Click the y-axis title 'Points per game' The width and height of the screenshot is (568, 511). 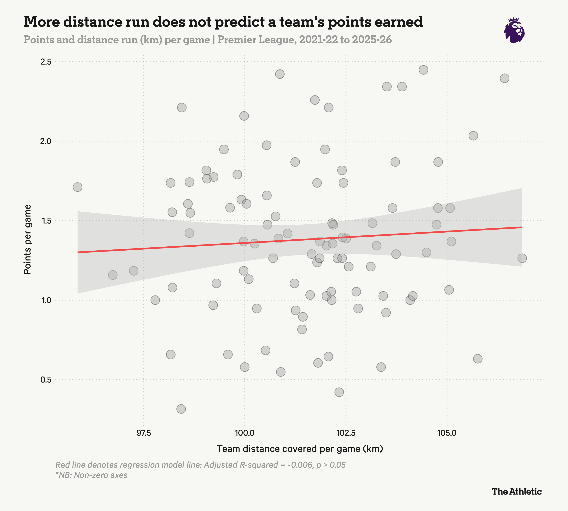[x=27, y=239]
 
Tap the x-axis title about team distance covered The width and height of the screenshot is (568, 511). [x=300, y=449]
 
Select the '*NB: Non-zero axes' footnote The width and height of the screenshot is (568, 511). [x=91, y=475]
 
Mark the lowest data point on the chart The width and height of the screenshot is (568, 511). [x=181, y=409]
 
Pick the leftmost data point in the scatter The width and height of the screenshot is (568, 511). [x=77, y=187]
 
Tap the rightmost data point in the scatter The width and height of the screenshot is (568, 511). [x=522, y=258]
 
